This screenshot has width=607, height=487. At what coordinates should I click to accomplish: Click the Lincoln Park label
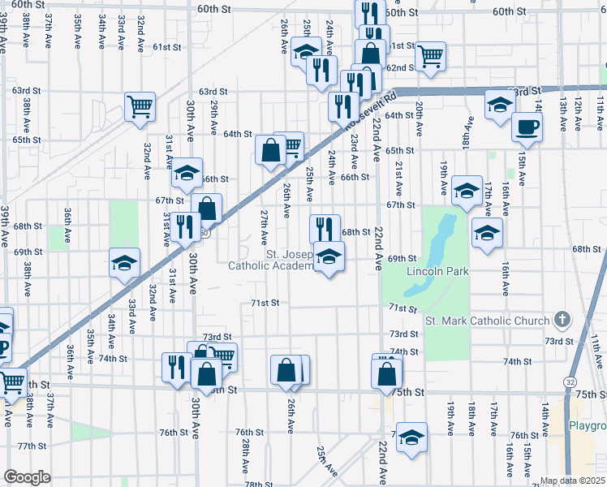[x=437, y=271]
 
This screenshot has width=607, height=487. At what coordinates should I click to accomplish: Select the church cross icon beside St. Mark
[x=561, y=320]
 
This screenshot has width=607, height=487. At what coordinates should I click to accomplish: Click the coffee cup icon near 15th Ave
[x=527, y=127]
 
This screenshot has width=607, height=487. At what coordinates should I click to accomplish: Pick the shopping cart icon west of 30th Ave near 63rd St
[x=140, y=106]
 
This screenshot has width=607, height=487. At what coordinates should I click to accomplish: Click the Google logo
[x=27, y=477]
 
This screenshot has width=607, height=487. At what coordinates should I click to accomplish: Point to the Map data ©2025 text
[x=572, y=481]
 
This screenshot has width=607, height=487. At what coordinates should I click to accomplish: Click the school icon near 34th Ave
[x=125, y=262]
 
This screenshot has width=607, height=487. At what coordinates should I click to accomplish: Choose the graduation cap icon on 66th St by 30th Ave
[x=187, y=173]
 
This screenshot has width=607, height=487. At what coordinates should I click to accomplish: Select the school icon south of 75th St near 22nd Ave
[x=411, y=437]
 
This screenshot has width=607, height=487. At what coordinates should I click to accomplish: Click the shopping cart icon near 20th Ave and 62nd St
[x=430, y=57]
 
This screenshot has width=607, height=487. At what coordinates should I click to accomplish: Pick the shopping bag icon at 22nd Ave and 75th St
[x=387, y=373]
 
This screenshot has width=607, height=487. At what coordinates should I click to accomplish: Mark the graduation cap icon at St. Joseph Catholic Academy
[x=329, y=257]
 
